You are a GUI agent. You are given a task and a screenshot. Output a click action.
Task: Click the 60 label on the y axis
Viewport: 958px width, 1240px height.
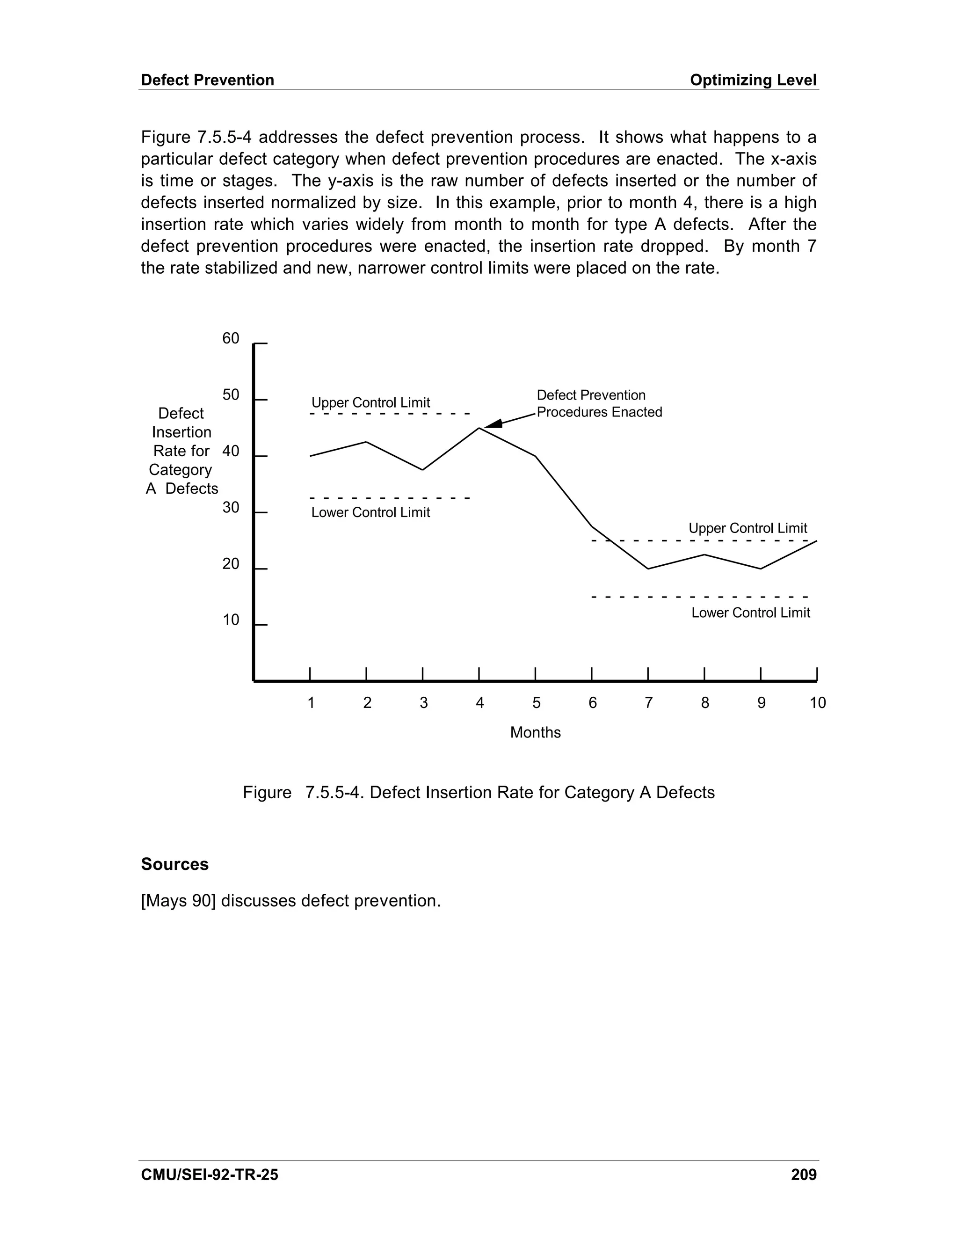[x=231, y=338]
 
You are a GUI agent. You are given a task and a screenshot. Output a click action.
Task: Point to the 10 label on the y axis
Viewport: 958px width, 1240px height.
[x=231, y=620]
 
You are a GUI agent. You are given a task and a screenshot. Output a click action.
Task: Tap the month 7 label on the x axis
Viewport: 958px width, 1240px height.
[x=649, y=703]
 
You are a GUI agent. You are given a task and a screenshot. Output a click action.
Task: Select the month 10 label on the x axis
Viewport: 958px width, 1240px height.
[x=817, y=703]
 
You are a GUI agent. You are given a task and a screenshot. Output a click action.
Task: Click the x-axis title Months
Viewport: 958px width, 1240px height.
[x=535, y=732]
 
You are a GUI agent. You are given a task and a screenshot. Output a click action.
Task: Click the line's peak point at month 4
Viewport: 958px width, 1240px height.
[x=479, y=428]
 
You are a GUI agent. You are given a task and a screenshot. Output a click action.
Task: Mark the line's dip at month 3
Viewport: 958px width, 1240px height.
[x=423, y=469]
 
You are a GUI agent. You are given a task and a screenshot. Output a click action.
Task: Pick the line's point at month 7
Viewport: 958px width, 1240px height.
[x=648, y=569]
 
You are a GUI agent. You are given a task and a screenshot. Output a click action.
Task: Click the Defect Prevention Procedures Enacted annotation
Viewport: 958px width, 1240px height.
[x=599, y=404]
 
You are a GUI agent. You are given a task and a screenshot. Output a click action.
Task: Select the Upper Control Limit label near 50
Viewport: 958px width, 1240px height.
[x=370, y=402]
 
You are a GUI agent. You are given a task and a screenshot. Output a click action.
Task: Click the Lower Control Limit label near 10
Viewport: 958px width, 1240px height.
[x=750, y=613]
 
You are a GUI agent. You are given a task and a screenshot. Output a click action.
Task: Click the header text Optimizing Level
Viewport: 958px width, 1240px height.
[x=753, y=80]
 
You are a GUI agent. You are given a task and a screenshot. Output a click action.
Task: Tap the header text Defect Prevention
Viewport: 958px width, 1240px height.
[x=207, y=80]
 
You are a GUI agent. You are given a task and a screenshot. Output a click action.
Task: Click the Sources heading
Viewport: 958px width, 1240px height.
[x=175, y=864]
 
